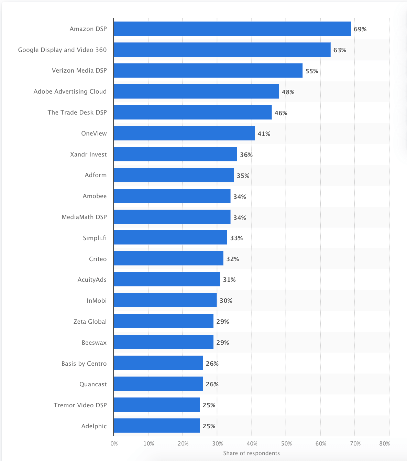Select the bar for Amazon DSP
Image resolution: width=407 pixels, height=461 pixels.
pyautogui.click(x=232, y=29)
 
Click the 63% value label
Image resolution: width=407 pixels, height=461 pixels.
pyautogui.click(x=340, y=50)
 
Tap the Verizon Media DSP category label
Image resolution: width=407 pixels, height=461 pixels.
pyautogui.click(x=79, y=71)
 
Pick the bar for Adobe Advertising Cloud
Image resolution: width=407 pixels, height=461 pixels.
pyautogui.click(x=196, y=92)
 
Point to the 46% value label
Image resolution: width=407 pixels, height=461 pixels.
pyautogui.click(x=281, y=113)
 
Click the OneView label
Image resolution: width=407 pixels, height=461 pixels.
pyautogui.click(x=94, y=133)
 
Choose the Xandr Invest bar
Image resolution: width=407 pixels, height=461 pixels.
pyautogui.click(x=175, y=154)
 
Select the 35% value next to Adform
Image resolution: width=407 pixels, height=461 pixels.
pyautogui.click(x=243, y=176)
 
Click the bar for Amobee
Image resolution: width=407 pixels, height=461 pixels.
pyautogui.click(x=172, y=196)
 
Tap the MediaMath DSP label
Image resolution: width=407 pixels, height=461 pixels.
pyautogui.click(x=84, y=217)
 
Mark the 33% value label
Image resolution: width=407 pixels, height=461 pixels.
pyautogui.click(x=236, y=238)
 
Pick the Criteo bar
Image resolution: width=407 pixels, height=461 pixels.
pyautogui.click(x=168, y=258)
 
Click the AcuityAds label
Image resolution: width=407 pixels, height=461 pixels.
pyautogui.click(x=92, y=280)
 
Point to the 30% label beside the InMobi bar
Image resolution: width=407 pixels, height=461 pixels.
pyautogui.click(x=226, y=301)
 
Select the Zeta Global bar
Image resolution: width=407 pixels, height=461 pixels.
pyautogui.click(x=163, y=321)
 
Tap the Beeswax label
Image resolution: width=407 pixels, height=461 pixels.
pyautogui.click(x=94, y=343)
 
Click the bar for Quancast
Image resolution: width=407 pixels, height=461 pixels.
pyautogui.click(x=158, y=384)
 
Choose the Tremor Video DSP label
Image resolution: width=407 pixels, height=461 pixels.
pyautogui.click(x=80, y=405)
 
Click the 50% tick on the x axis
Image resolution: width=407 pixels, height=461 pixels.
pyautogui.click(x=286, y=444)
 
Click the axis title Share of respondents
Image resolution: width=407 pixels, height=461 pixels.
pyautogui.click(x=251, y=453)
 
